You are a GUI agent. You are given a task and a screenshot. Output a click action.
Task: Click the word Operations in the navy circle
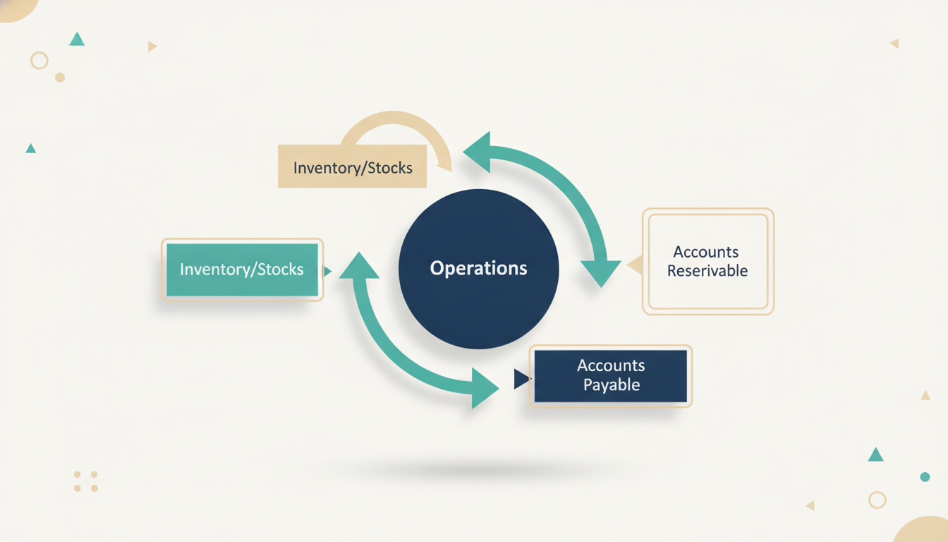click(x=479, y=268)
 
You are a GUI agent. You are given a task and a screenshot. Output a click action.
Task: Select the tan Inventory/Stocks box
click(x=352, y=167)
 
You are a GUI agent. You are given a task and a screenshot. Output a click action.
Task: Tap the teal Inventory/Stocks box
click(x=242, y=270)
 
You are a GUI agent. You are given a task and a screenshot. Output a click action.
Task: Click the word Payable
click(x=612, y=385)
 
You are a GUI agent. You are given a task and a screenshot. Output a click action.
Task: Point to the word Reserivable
click(x=707, y=270)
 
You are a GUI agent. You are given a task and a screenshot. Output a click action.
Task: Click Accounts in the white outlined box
click(x=706, y=252)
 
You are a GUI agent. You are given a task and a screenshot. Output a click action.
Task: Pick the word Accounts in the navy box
click(x=611, y=366)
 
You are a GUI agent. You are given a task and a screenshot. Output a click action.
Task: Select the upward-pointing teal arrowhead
click(x=359, y=265)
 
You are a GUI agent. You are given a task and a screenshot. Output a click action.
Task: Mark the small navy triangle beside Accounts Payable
click(x=521, y=379)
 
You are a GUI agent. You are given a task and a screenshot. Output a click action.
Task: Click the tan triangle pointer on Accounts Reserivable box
click(x=636, y=265)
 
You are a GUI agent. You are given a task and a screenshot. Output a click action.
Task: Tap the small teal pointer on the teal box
click(x=327, y=271)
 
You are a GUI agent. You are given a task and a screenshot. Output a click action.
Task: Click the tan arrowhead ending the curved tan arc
click(x=444, y=168)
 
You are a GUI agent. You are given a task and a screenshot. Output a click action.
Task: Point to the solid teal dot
click(x=925, y=477)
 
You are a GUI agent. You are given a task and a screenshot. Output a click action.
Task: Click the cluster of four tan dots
click(x=86, y=481)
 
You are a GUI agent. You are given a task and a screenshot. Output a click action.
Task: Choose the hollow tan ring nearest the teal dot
click(x=877, y=500)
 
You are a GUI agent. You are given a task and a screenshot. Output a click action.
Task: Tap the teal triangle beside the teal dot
click(x=875, y=454)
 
